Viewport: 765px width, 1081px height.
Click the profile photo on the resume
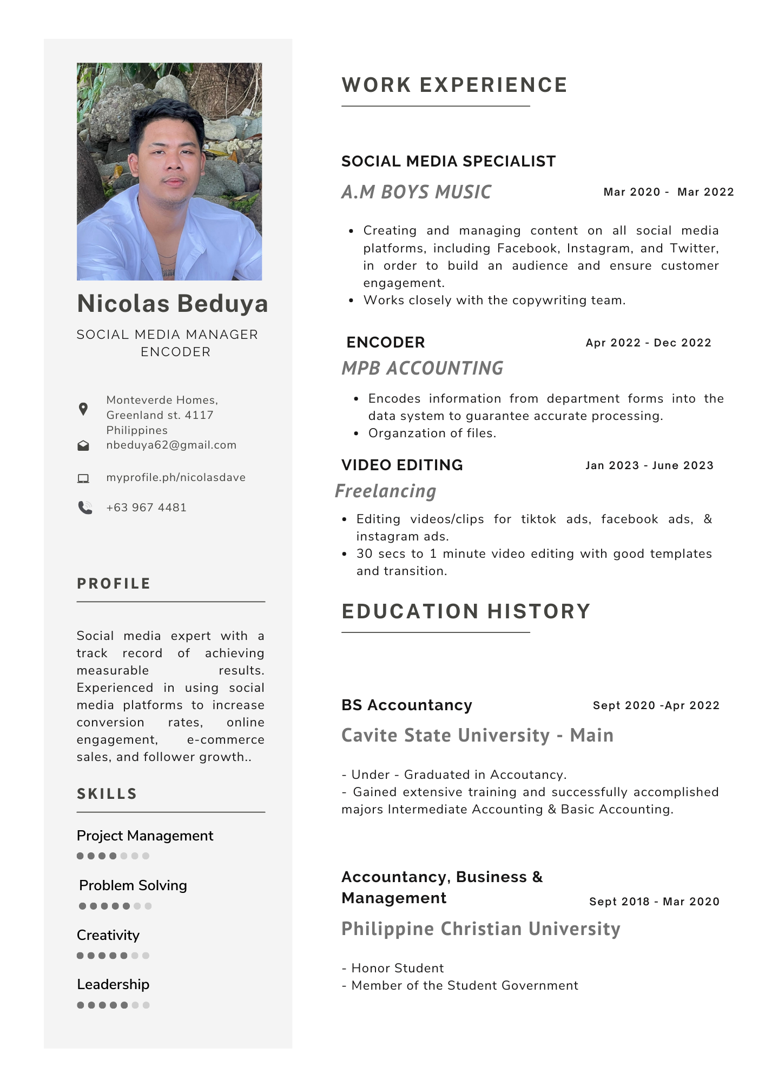(x=169, y=171)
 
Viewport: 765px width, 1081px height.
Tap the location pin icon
(x=83, y=409)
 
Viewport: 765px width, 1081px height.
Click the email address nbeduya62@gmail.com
(x=171, y=445)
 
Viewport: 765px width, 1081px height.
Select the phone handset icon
(x=85, y=508)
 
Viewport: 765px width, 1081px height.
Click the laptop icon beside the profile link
(x=83, y=478)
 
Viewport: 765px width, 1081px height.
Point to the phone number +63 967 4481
(x=146, y=508)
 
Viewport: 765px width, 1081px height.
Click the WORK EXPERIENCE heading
(x=454, y=85)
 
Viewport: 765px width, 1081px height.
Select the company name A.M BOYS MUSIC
(x=417, y=192)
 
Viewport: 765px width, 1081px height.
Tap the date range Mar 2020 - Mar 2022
(x=668, y=192)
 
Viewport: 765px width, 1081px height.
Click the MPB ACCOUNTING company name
(x=423, y=368)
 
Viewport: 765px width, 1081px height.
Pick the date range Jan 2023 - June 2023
(x=649, y=465)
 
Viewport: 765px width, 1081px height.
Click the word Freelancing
(x=386, y=491)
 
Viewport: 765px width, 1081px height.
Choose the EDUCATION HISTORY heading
(x=466, y=611)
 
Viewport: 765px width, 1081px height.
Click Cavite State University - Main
(x=477, y=735)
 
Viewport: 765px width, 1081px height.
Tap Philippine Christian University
(x=480, y=929)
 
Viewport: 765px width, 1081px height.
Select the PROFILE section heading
(x=114, y=584)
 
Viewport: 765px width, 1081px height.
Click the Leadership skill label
(x=113, y=984)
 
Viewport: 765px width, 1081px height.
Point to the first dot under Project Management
(x=80, y=856)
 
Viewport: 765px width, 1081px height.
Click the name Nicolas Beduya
(x=173, y=303)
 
